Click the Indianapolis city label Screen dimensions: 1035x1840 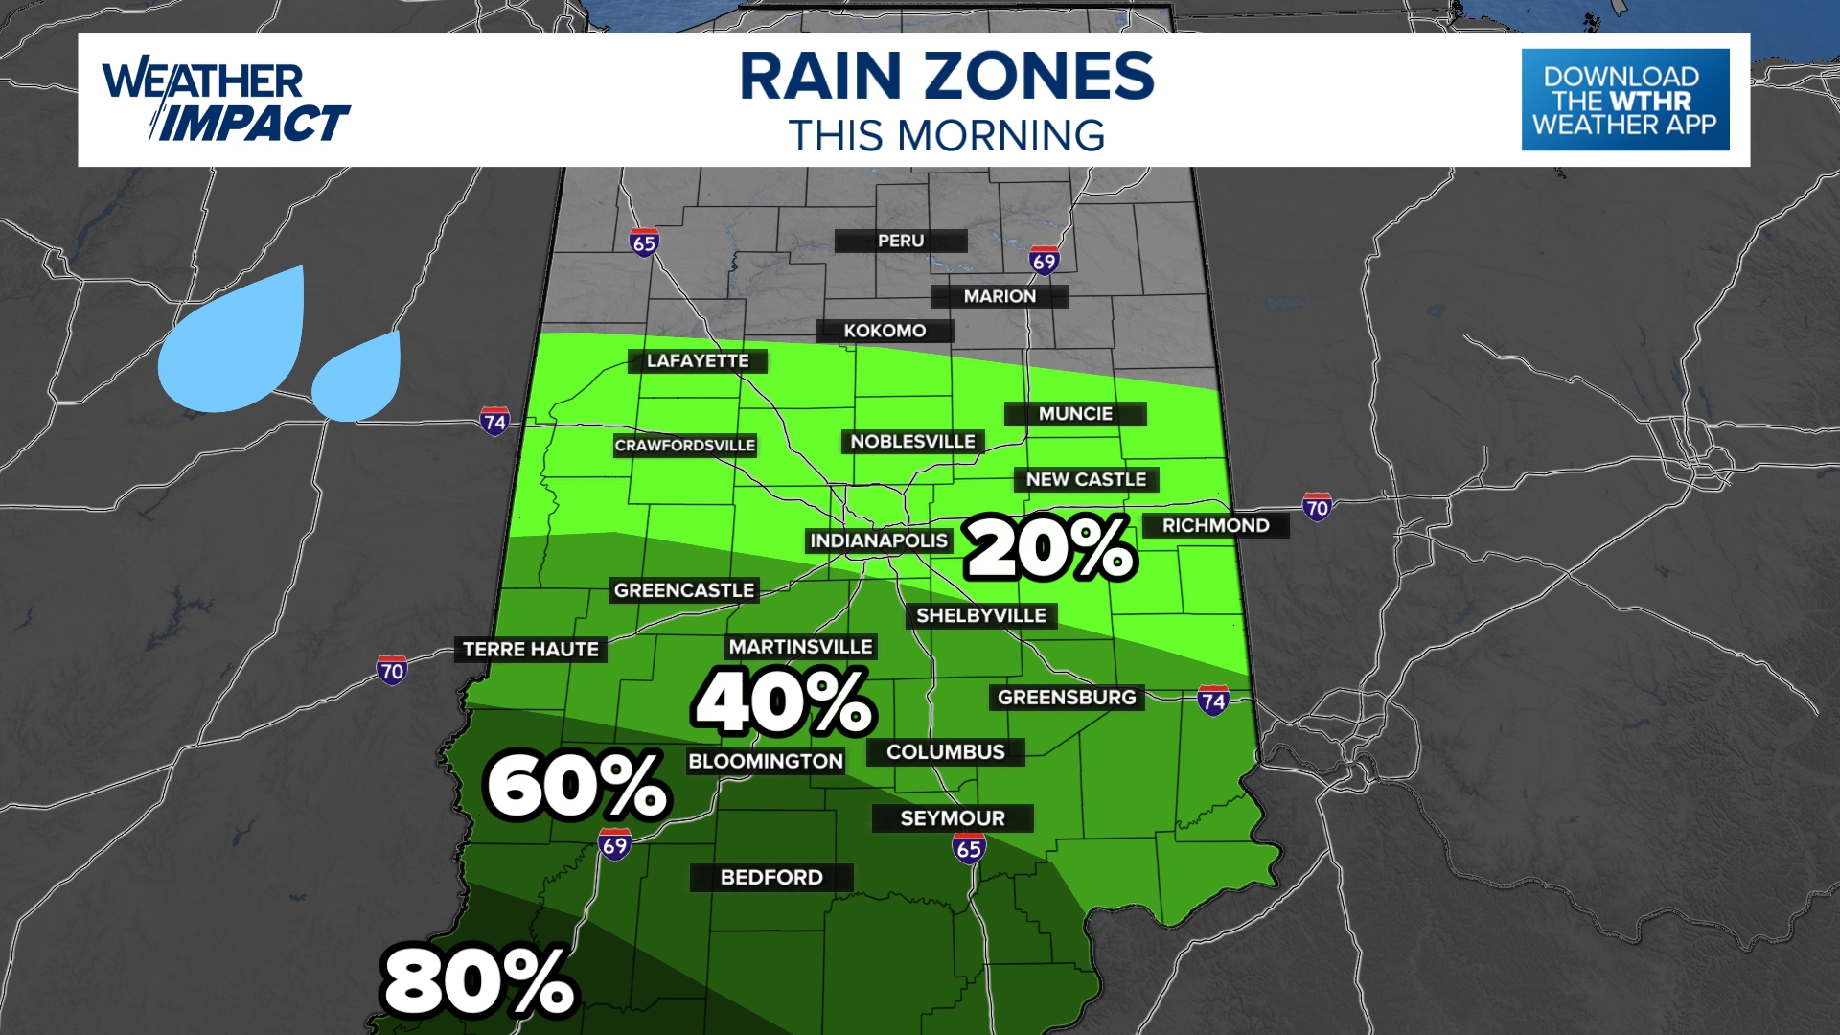(879, 541)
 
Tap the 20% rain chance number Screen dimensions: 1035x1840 (1050, 547)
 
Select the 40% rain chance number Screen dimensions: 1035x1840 (783, 702)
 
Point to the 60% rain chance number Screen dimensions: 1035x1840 (577, 786)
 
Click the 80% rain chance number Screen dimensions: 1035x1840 (478, 981)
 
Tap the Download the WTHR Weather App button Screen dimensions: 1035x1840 (1624, 100)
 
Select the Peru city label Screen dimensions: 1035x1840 (901, 241)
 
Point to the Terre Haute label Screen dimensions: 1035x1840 (531, 650)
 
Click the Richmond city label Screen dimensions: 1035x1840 (1215, 525)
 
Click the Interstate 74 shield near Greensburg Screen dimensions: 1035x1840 (1213, 701)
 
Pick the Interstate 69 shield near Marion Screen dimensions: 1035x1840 (1044, 261)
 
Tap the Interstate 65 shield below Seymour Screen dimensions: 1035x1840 (969, 848)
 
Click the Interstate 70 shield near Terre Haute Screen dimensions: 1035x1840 (391, 670)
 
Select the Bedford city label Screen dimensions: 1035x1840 (771, 878)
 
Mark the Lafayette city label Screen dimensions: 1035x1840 (698, 361)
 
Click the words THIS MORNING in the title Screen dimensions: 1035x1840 (947, 136)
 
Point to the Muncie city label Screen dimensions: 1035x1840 (1075, 414)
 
